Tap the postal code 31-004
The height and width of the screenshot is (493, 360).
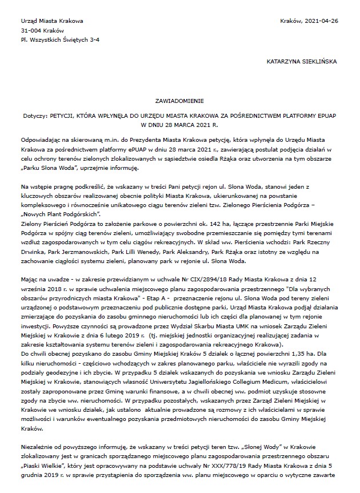(30, 30)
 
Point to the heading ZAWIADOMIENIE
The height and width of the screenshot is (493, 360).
(179, 98)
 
